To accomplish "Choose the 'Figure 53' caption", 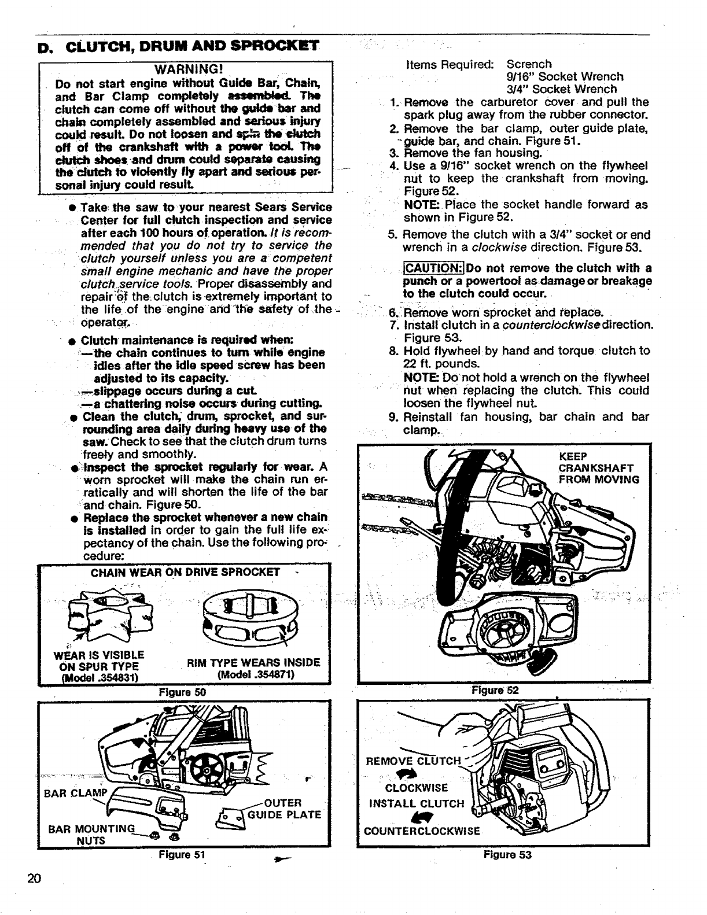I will click(507, 855).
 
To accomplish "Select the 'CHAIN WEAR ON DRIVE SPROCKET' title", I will click(185, 573).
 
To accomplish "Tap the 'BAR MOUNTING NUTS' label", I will click(92, 833).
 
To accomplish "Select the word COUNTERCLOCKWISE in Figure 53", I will click(422, 831).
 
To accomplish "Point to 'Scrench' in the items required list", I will click(529, 64).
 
